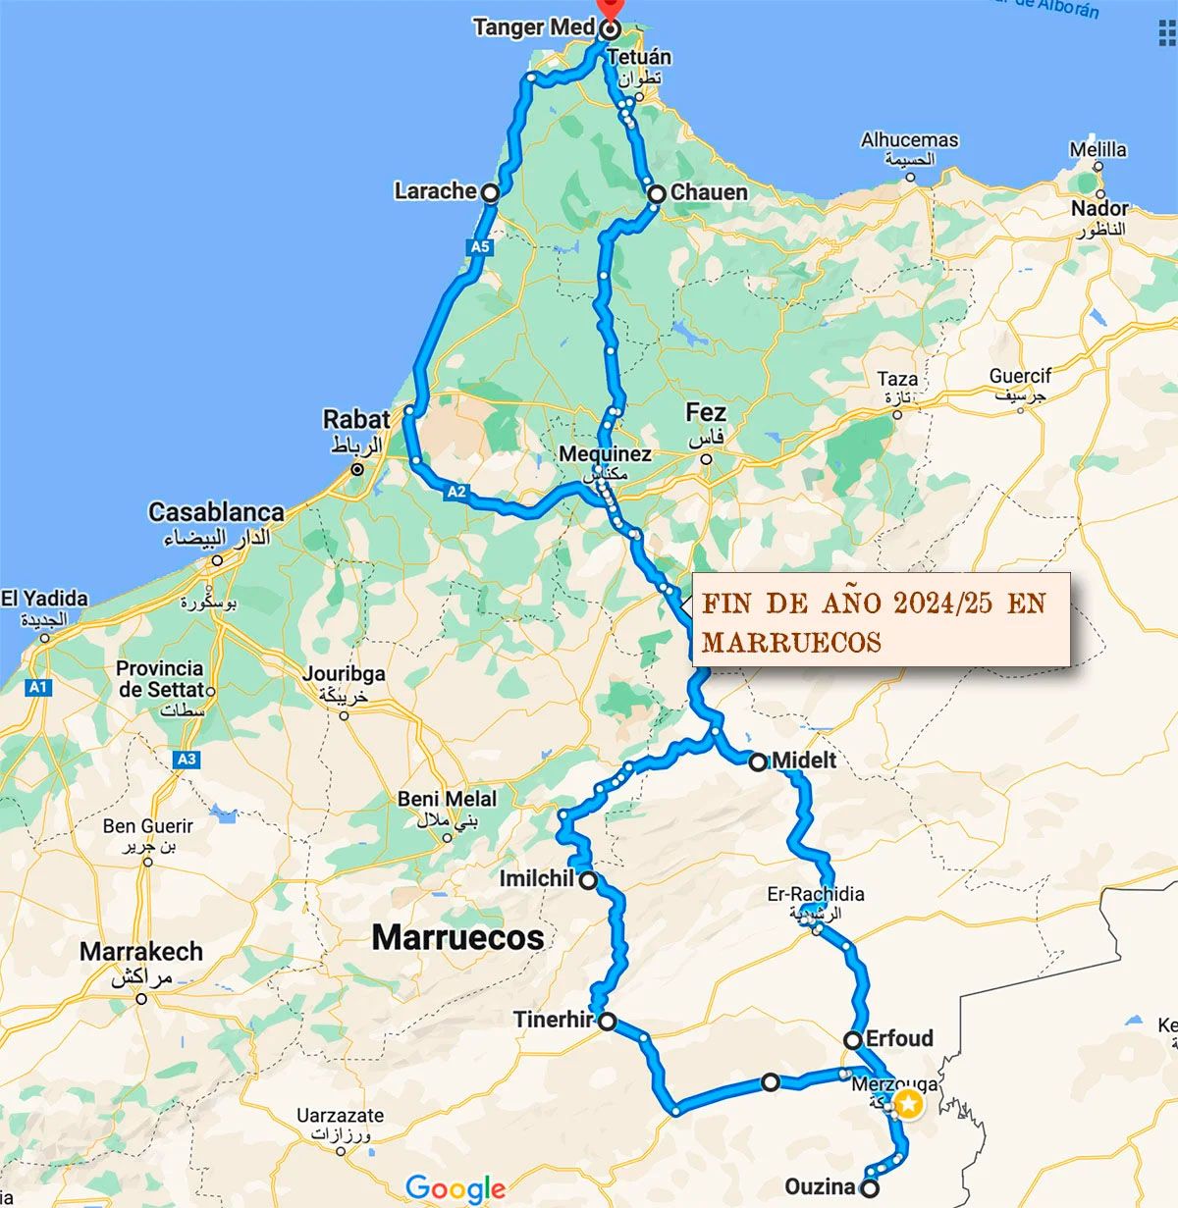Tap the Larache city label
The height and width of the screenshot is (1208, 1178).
tap(435, 190)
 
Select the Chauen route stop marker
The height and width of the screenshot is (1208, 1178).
tap(657, 193)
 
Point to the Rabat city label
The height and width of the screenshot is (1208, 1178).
tap(356, 419)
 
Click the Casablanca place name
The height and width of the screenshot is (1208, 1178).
tap(216, 511)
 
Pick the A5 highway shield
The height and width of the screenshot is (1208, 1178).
tap(479, 247)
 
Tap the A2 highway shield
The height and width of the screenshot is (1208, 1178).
tap(455, 492)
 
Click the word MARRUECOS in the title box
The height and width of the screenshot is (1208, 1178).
tap(791, 642)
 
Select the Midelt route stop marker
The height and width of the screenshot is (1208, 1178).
tap(758, 762)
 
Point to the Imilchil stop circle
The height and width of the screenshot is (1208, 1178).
tap(587, 881)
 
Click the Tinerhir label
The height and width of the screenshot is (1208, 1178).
tap(553, 1021)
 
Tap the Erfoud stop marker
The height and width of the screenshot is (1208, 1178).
tap(853, 1040)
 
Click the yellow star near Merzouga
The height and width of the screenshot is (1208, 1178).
tap(909, 1105)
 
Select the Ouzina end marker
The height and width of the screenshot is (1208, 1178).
tap(869, 1188)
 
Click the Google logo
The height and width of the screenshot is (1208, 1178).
tap(455, 1189)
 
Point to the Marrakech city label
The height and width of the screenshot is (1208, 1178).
tap(141, 951)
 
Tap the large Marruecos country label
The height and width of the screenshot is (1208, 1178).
tap(457, 937)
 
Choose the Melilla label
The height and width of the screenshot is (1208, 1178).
tap(1098, 149)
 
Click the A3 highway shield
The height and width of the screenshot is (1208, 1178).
tap(186, 759)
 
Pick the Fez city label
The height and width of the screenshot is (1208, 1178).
tap(706, 412)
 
